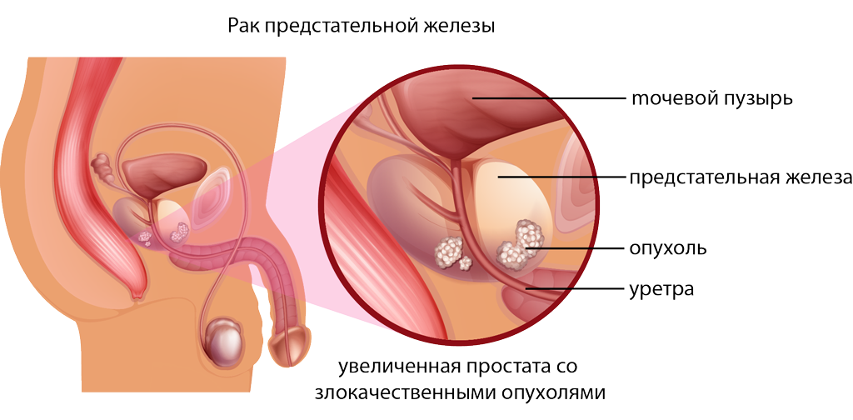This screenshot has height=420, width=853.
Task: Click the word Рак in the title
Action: [x=242, y=27]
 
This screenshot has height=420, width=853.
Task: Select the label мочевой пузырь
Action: [x=710, y=99]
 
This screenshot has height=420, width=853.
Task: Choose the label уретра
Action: [x=661, y=290]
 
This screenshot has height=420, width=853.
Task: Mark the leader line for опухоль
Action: [x=576, y=248]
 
